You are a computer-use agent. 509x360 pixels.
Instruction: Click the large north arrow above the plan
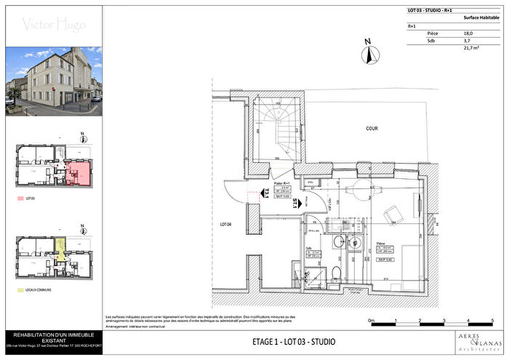(x=369, y=52)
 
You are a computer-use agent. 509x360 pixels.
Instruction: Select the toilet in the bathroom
(x=336, y=272)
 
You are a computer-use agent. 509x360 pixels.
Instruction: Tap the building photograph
(x=54, y=80)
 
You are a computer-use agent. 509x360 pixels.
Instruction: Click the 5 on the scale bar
(x=492, y=320)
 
